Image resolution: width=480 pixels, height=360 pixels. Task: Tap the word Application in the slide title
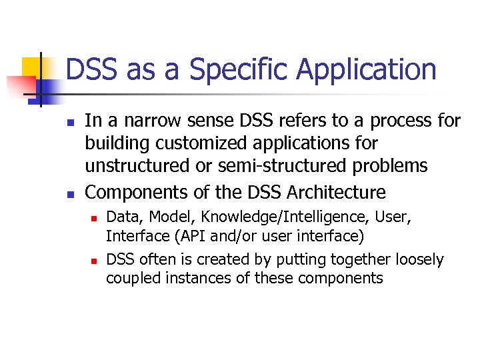pos(367,69)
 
